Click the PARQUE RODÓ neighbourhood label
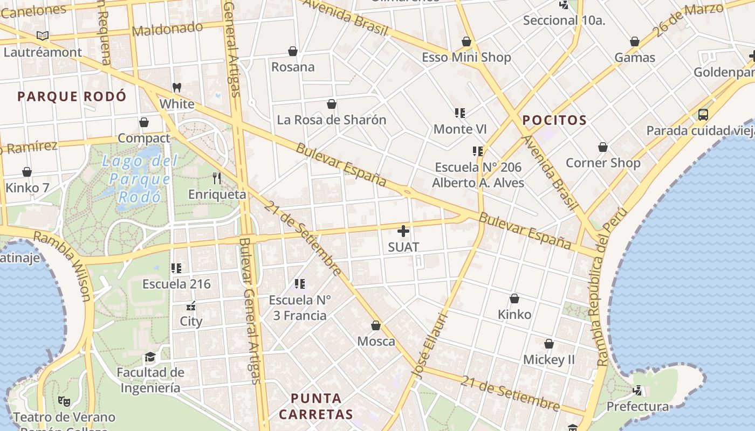click(72, 96)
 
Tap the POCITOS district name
click(554, 120)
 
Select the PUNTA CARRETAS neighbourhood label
click(316, 406)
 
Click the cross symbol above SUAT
click(403, 232)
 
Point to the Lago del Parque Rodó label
click(140, 179)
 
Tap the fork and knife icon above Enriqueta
click(217, 178)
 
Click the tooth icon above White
click(176, 87)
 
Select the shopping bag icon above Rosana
click(293, 51)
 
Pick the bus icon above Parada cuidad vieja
click(703, 114)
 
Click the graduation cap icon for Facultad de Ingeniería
click(150, 357)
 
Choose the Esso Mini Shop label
click(466, 57)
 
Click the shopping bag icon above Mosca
click(376, 325)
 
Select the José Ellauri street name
click(430, 345)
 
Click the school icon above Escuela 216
click(176, 268)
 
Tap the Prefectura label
click(638, 406)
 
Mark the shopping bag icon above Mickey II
click(549, 344)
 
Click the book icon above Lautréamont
click(43, 36)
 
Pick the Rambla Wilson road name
click(63, 265)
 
